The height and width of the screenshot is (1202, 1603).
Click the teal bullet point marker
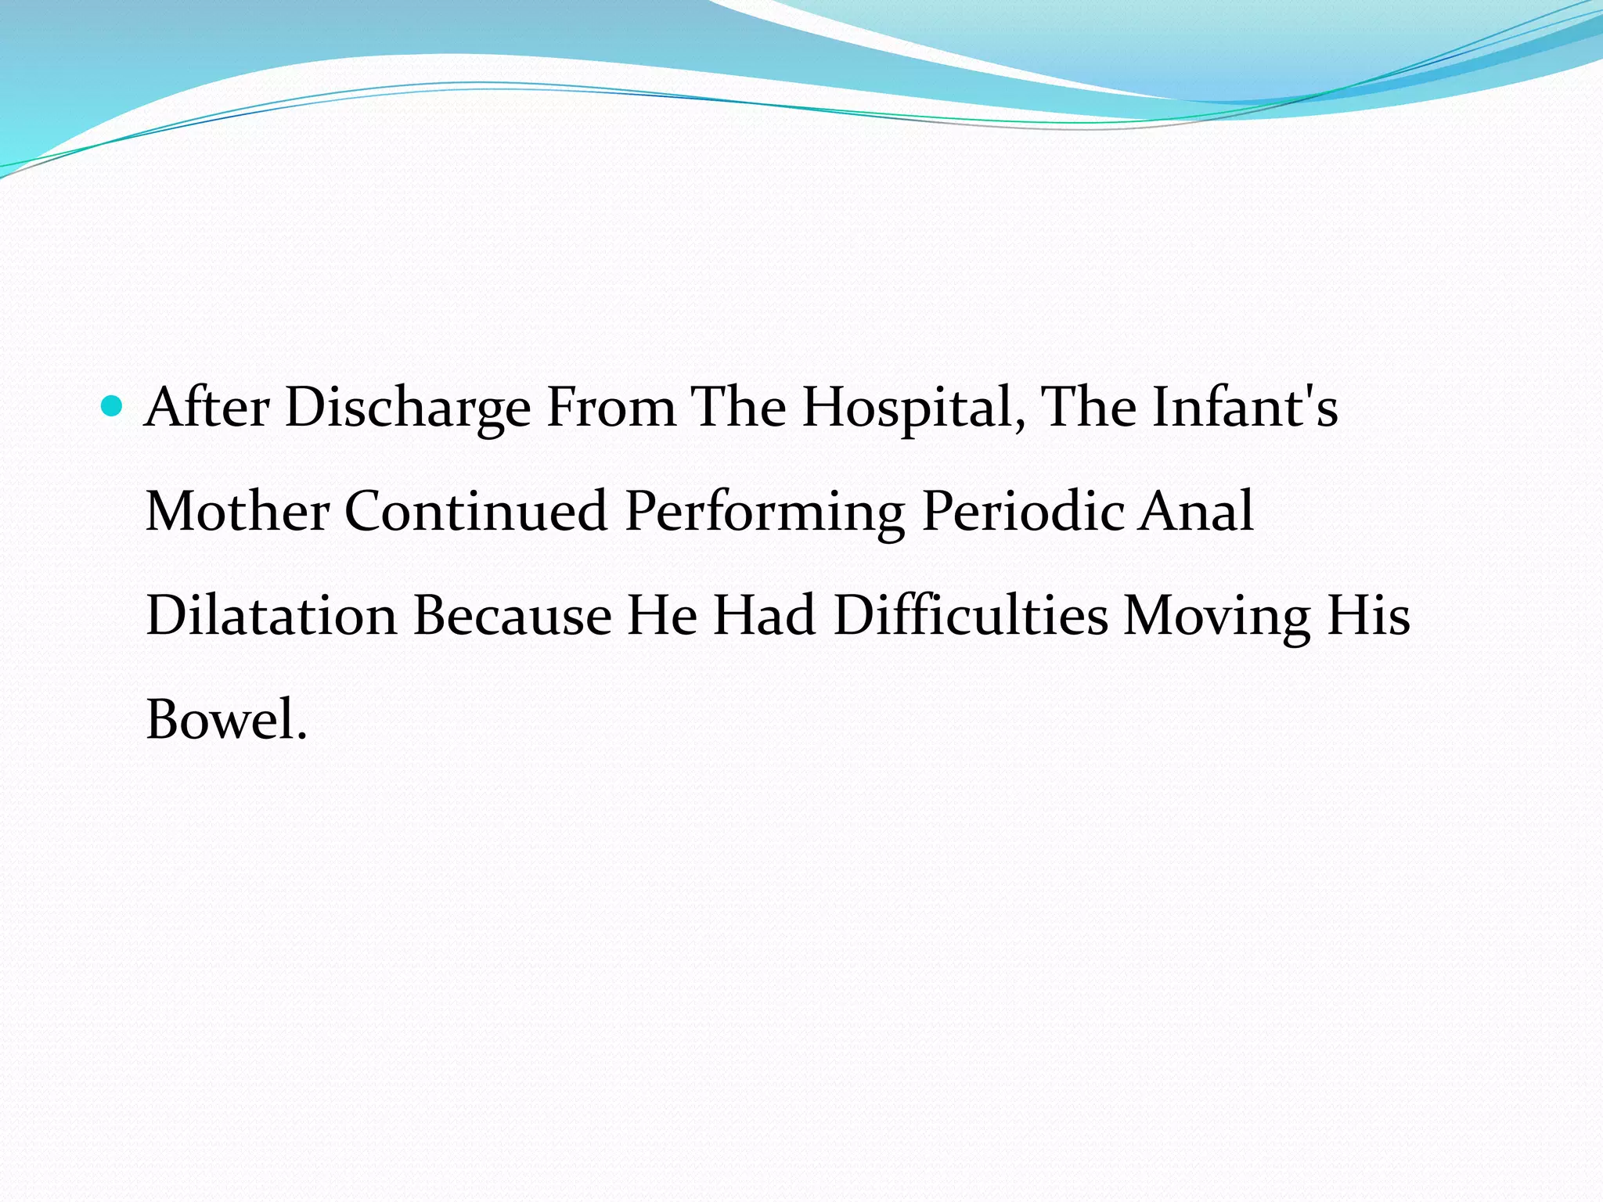point(113,405)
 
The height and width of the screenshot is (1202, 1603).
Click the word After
point(207,408)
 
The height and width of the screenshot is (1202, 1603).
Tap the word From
point(611,408)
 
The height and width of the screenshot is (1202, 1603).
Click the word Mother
point(237,512)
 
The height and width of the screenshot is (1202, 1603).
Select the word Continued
point(476,512)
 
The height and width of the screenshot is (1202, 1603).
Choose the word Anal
point(1196,512)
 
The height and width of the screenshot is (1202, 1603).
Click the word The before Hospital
point(738,408)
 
